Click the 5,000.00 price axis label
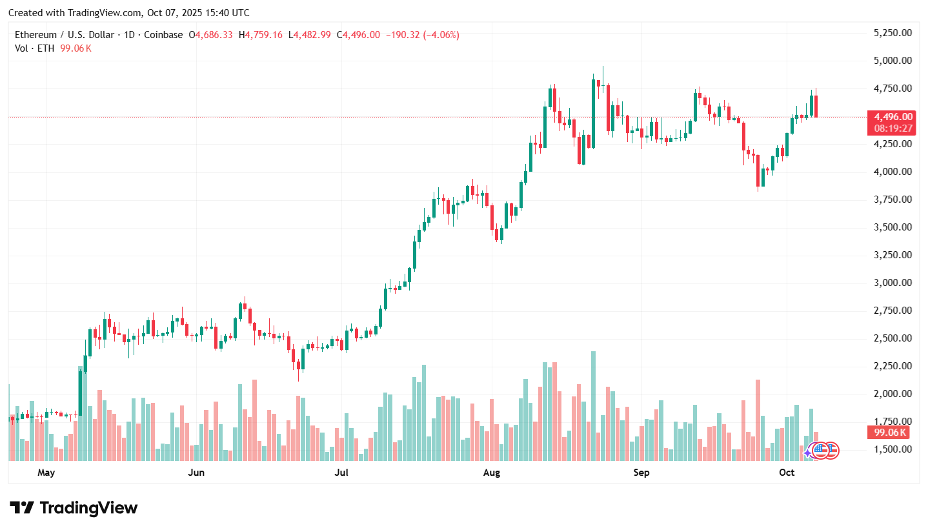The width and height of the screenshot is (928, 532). [893, 61]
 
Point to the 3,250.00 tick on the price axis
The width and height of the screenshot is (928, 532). [893, 255]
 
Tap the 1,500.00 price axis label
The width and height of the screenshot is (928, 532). [893, 449]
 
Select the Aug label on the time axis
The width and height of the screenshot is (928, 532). [492, 473]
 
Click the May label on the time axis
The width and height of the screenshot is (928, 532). [46, 473]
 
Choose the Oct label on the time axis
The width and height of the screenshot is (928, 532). [787, 473]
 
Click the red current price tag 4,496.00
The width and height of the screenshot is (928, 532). [893, 117]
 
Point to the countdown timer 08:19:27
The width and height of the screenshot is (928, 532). [893, 128]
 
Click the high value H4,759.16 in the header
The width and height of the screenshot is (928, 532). [261, 35]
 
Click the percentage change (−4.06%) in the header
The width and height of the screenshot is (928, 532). [441, 35]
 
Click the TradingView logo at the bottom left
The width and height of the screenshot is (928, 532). [74, 508]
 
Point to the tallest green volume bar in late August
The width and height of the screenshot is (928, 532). [593, 405]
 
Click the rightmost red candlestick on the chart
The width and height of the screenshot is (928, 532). [816, 107]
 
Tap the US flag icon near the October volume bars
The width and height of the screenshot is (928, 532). [820, 451]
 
